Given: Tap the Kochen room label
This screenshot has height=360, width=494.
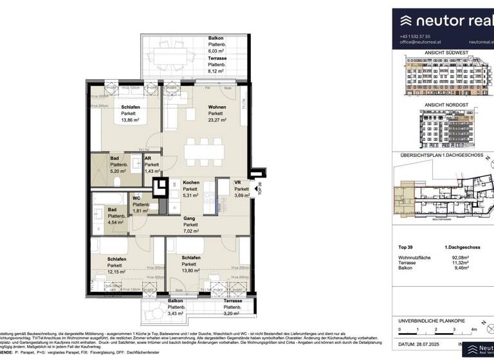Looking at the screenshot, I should (x=191, y=183).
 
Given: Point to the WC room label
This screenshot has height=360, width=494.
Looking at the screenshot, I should (x=136, y=198).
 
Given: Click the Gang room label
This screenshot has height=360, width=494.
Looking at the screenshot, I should (x=188, y=217).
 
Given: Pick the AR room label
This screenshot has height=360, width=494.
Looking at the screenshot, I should (x=147, y=158).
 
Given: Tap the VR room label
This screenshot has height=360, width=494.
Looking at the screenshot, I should (x=237, y=183).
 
